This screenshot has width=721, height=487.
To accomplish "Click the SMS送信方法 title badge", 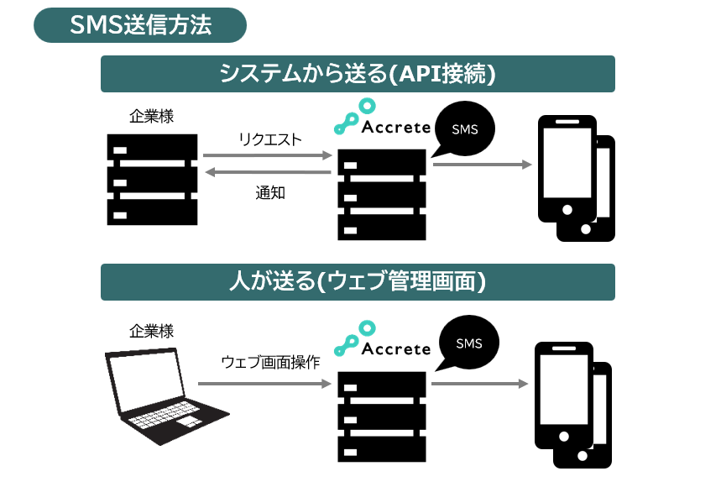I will (140, 25).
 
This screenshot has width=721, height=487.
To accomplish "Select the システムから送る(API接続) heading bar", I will (358, 74).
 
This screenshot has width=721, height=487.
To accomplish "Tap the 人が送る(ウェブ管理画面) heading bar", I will (358, 282).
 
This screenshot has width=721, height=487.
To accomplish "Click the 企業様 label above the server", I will (152, 117).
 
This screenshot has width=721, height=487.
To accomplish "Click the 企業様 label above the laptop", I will (152, 331).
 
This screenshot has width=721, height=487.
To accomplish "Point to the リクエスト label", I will (269, 139).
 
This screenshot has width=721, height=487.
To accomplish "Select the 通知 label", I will (270, 192).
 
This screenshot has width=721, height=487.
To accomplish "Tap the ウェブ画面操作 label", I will (270, 363).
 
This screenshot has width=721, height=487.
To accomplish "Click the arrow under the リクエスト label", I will (268, 155).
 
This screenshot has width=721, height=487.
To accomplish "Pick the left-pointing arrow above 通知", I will (268, 172).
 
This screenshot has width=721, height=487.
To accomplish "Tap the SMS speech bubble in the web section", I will (468, 343).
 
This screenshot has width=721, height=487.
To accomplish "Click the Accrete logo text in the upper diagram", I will (396, 128).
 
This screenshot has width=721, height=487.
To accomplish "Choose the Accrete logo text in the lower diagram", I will (396, 348).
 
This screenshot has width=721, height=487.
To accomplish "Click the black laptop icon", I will (165, 396).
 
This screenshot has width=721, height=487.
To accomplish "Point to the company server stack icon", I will (153, 179).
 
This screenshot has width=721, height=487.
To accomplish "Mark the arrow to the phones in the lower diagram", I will (479, 384).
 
